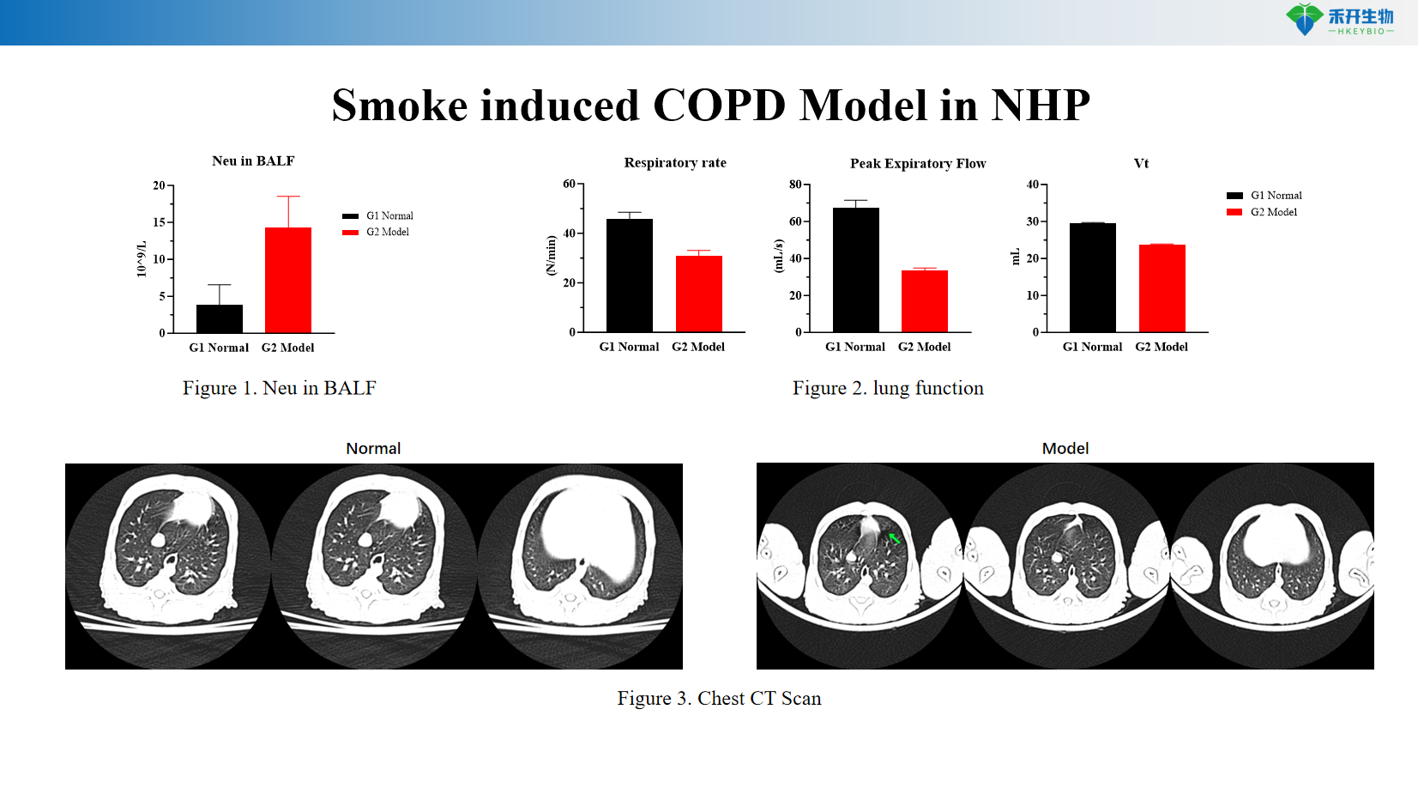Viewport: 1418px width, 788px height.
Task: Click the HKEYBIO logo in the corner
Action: click(x=1339, y=20)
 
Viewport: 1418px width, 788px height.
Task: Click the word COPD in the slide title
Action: click(x=719, y=106)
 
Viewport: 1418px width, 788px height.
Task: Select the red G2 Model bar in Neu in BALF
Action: click(x=288, y=280)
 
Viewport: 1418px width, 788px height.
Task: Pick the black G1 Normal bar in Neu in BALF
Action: click(x=220, y=318)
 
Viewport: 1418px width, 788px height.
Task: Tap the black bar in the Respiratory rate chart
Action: click(x=630, y=275)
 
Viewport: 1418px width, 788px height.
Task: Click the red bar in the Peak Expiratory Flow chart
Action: click(x=925, y=300)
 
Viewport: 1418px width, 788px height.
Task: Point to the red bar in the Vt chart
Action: click(x=1162, y=288)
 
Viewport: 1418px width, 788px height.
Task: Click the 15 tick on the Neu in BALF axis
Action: click(x=160, y=222)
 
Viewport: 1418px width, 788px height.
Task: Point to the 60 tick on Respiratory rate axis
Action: click(x=570, y=184)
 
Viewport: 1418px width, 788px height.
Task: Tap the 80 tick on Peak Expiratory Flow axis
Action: click(x=796, y=184)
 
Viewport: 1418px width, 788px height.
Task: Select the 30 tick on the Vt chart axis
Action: click(x=1033, y=221)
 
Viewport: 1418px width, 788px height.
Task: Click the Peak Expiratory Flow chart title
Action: click(x=918, y=163)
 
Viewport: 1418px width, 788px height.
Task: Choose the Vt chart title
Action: click(x=1141, y=163)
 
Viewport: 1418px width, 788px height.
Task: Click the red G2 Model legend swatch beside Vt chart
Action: click(x=1234, y=212)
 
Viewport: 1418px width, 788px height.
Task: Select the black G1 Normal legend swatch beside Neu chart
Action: click(x=350, y=216)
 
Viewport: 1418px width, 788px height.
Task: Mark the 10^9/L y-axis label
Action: click(x=142, y=259)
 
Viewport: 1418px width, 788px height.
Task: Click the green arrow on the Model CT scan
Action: click(x=894, y=538)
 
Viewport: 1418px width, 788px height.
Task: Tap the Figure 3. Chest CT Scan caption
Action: click(x=719, y=699)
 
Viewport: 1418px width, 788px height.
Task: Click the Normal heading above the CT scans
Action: click(x=373, y=448)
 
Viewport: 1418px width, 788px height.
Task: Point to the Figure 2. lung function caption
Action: click(x=888, y=388)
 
